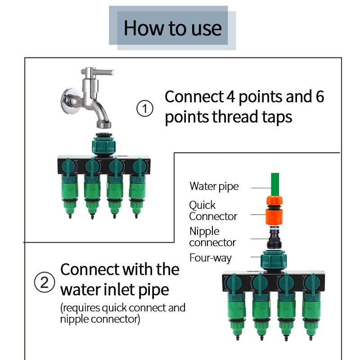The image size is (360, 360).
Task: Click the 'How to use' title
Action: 172,27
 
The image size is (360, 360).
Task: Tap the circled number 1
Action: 144,109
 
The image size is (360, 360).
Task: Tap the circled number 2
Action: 44,283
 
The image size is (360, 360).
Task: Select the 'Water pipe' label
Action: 214,186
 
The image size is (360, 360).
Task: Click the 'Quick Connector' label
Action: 212,211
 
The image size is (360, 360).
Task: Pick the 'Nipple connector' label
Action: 212,237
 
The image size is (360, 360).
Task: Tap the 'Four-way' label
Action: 210,258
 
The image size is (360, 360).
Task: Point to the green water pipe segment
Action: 274,183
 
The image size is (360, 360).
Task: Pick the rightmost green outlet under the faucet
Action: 137,193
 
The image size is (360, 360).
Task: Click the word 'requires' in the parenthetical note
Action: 82,308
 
